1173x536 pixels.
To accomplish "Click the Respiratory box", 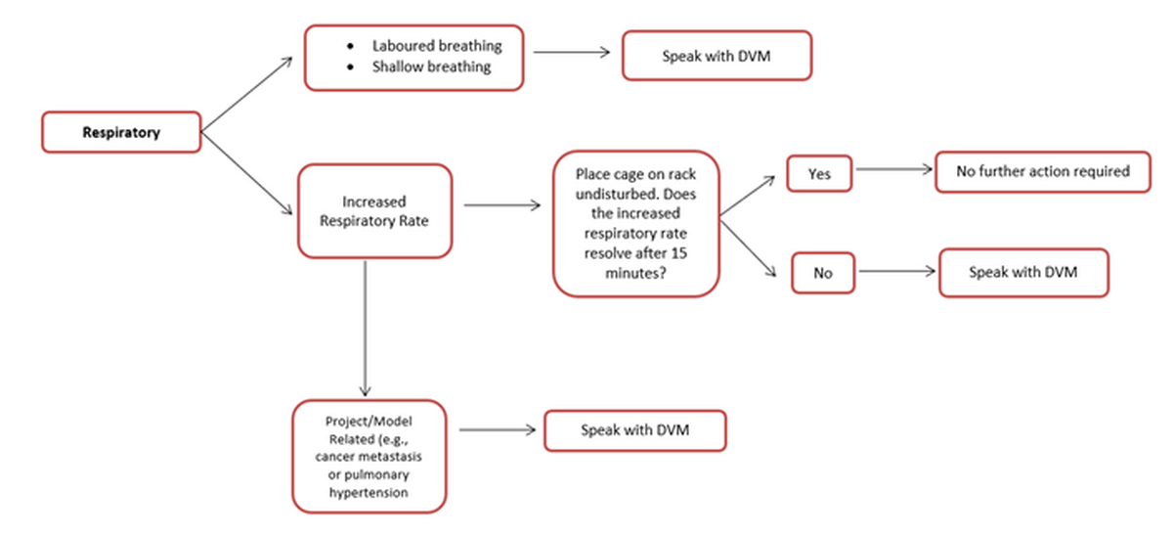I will point(121,132).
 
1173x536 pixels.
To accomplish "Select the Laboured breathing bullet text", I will point(437,46).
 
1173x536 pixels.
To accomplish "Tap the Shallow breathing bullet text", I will point(431,67).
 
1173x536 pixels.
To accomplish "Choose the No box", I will point(822,273).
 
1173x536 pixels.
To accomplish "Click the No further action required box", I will point(1042,171).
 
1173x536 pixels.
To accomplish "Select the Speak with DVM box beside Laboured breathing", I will point(717,55).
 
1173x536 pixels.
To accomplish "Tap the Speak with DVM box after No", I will point(1022,272).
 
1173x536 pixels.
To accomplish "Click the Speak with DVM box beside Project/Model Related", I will point(634,430).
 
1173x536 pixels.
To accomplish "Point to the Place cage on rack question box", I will point(636,223).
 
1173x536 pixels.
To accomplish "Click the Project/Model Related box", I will point(369,456).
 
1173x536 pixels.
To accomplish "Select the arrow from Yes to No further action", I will point(893,169).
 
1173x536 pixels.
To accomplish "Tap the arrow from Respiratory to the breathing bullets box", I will point(246,93).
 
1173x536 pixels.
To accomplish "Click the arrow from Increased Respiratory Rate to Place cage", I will point(501,205).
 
